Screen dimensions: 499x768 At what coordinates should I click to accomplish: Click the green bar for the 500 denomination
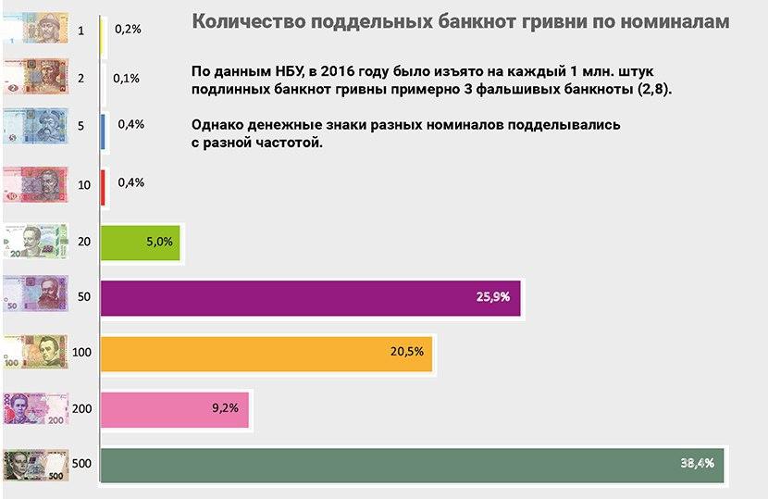point(407,465)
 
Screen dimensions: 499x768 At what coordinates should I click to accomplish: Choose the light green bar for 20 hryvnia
point(139,242)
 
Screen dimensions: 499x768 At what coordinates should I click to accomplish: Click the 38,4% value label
point(697,464)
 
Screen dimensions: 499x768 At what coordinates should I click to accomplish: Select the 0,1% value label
point(126,78)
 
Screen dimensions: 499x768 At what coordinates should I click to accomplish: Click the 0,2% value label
point(128,29)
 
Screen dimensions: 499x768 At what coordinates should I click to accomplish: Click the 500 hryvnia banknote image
point(35,465)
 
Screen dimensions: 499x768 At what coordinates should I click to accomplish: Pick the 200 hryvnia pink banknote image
point(35,408)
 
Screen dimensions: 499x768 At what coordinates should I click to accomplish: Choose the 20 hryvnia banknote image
point(35,243)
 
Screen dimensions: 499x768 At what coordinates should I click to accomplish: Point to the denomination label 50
point(84,298)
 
